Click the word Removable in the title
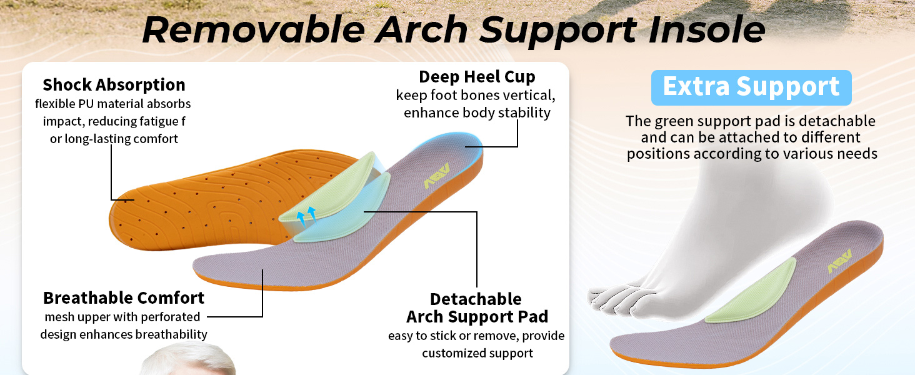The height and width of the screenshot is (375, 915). [x=253, y=29]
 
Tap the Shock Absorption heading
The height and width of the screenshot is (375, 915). [x=114, y=84]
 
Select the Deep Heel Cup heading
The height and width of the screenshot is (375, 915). [x=477, y=77]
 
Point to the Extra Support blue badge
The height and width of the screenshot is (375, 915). [x=751, y=87]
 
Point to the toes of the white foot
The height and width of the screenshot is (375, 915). [x=616, y=299]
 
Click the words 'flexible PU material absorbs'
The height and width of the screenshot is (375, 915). [x=113, y=104]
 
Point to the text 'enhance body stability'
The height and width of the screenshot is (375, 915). [x=477, y=113]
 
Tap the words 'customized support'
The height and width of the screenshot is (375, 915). [x=477, y=353]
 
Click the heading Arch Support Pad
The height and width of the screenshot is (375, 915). [x=477, y=316]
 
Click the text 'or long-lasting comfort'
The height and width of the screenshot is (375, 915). [x=114, y=139]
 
